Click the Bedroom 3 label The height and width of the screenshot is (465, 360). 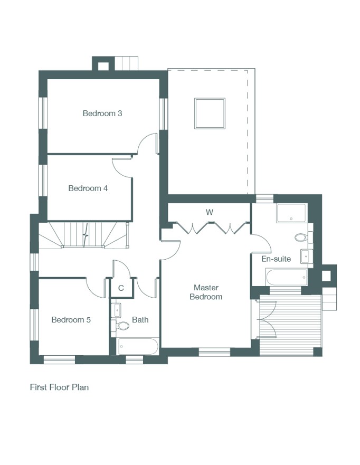(102, 113)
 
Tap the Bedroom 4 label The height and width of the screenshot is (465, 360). (88, 188)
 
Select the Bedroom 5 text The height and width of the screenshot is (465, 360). (71, 320)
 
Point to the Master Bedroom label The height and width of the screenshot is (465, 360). (206, 292)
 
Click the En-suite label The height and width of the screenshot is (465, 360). (276, 259)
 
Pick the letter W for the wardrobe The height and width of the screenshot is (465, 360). (210, 212)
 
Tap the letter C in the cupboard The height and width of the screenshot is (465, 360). (121, 288)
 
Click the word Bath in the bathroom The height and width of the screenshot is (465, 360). (140, 320)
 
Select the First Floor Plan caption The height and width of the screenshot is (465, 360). (59, 387)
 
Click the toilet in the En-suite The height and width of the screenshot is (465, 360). (302, 237)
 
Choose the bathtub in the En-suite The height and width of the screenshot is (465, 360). (287, 277)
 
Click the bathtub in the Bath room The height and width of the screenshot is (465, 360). (138, 346)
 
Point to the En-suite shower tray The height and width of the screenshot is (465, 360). (291, 213)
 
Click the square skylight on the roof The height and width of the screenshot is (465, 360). (210, 113)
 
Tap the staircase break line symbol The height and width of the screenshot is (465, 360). (86, 235)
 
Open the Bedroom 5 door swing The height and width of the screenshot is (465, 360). (96, 287)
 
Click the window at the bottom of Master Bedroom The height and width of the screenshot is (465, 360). (214, 352)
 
